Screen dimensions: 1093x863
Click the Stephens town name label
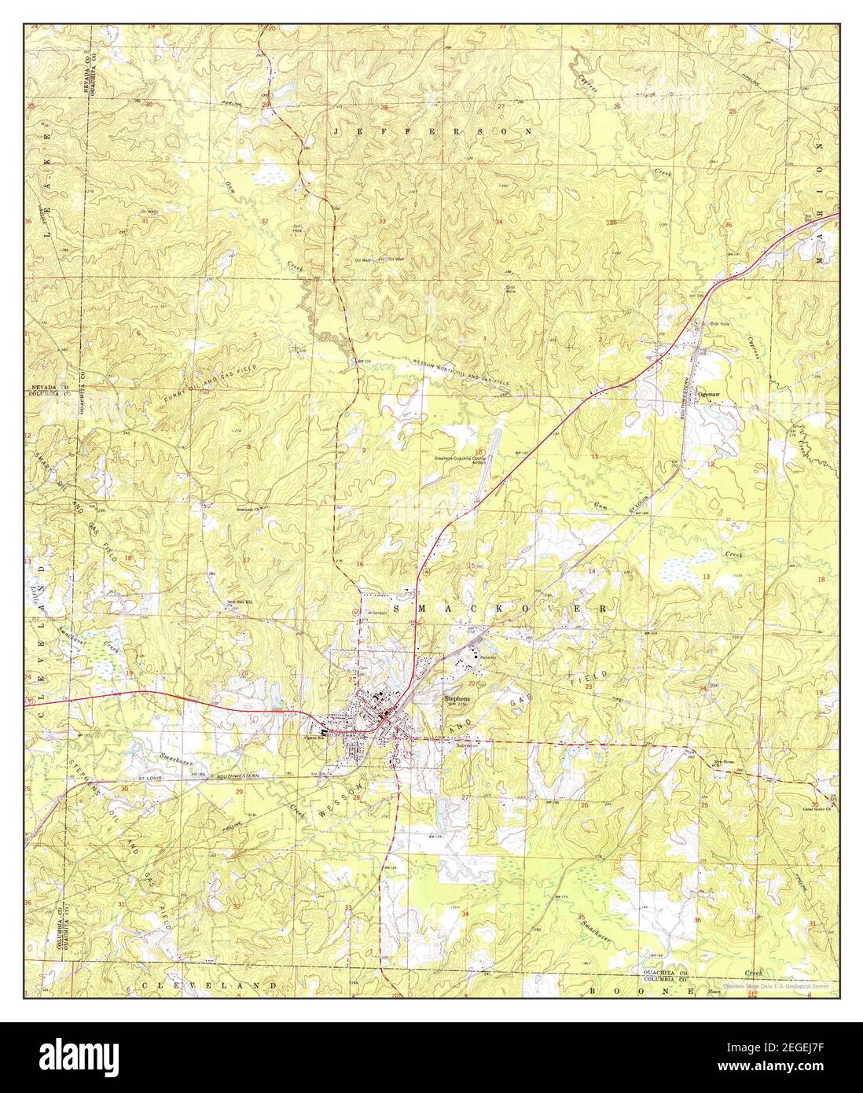coord(457,698)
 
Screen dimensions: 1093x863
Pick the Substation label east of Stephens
coord(457,747)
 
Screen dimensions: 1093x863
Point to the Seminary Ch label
coord(248,509)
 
